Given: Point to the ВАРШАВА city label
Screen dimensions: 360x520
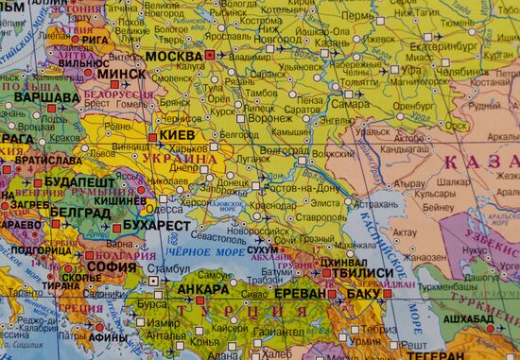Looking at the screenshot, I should pyautogui.click(x=44, y=97).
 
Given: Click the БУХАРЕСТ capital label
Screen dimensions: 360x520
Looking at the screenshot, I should pyautogui.click(x=156, y=227).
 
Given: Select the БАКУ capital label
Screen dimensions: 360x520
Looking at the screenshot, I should pyautogui.click(x=362, y=294).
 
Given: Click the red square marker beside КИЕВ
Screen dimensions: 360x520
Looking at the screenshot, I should pyautogui.click(x=152, y=137).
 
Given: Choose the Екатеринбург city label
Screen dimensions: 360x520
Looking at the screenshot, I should pyautogui.click(x=444, y=44).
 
